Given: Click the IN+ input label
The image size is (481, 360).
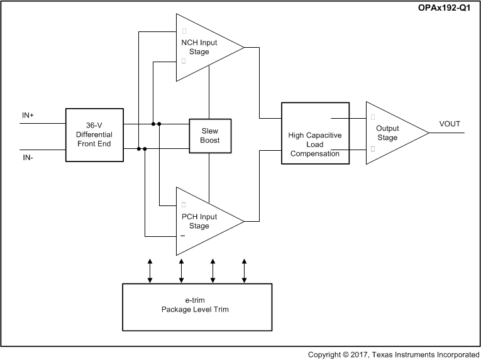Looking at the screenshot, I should [x=29, y=116].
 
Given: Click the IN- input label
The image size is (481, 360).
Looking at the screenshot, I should [x=28, y=158].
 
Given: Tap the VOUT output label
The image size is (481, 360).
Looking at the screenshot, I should [x=450, y=124].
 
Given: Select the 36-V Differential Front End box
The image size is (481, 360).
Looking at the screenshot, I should [x=94, y=135].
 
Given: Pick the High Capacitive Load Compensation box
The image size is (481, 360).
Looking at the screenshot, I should [x=314, y=134].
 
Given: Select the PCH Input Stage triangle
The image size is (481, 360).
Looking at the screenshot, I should [x=204, y=221].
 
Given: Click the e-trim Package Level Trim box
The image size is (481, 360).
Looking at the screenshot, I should [x=196, y=306].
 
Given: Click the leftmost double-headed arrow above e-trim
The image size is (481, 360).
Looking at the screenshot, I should [x=149, y=270].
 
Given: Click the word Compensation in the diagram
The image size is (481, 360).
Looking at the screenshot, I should [x=314, y=153].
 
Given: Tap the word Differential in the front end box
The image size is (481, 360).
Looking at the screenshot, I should [x=94, y=135].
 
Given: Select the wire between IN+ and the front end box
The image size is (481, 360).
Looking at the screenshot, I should [x=43, y=123].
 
